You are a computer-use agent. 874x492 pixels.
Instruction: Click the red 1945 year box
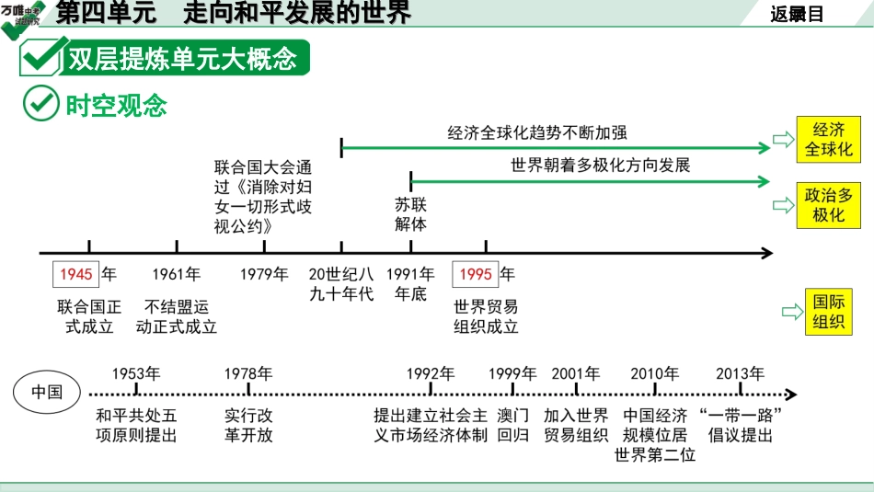76,274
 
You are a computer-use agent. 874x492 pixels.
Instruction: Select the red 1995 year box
476,274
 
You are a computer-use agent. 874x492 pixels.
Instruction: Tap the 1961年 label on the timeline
177,274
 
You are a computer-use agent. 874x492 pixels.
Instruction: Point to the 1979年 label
264,274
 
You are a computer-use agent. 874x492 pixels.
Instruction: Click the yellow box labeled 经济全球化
828,140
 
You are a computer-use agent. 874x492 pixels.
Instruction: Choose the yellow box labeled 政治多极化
828,205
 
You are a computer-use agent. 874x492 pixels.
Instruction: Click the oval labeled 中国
48,392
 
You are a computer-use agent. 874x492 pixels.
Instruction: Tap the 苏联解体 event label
410,213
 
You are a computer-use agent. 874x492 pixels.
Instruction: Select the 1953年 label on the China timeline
136,373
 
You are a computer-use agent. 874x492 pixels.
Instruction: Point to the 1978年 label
248,373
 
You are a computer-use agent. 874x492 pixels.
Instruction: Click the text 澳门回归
513,425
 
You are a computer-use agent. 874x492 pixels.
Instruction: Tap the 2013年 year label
740,373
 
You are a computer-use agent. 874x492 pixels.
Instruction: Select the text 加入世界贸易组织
576,425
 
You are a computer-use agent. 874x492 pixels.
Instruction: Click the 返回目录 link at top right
798,14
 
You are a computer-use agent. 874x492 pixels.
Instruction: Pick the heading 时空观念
117,105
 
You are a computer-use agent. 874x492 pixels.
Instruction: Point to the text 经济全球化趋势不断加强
537,132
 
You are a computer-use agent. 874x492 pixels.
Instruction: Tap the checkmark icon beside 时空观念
40,104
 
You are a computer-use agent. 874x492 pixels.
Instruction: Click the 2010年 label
654,373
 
